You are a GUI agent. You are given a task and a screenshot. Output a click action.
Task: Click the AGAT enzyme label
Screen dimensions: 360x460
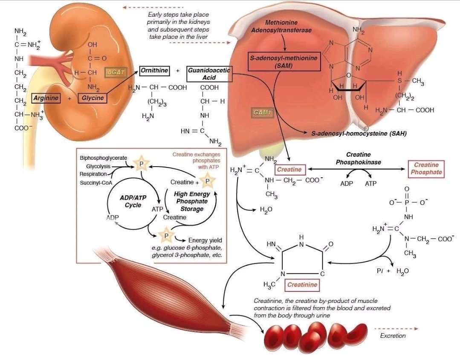[x=116, y=72]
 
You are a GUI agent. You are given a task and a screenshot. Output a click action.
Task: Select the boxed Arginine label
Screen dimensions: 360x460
[x=46, y=98]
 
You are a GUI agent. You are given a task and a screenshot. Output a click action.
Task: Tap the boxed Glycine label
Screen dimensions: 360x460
[x=93, y=98]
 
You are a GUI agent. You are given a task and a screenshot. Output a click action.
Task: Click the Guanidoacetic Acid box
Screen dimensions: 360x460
[x=209, y=74]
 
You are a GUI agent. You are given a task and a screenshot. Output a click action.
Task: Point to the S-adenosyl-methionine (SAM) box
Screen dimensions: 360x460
[x=284, y=61]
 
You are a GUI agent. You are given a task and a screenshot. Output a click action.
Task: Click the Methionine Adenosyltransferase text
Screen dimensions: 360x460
[x=281, y=26]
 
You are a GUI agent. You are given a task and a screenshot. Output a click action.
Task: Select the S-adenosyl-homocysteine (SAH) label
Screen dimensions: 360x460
[x=359, y=133]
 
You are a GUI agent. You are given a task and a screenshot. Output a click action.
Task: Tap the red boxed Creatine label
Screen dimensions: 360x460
[x=289, y=170]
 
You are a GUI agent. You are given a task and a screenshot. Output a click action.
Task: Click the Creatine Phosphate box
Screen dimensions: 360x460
[x=426, y=169]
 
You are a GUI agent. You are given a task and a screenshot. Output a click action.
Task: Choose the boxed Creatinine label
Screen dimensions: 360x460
[x=302, y=285]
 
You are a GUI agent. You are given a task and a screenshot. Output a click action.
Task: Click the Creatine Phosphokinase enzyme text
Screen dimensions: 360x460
[x=358, y=158]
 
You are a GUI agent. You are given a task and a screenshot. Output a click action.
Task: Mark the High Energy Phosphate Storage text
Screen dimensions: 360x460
[x=192, y=201]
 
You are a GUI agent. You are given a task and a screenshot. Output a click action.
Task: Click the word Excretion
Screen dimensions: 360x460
[x=393, y=336]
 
